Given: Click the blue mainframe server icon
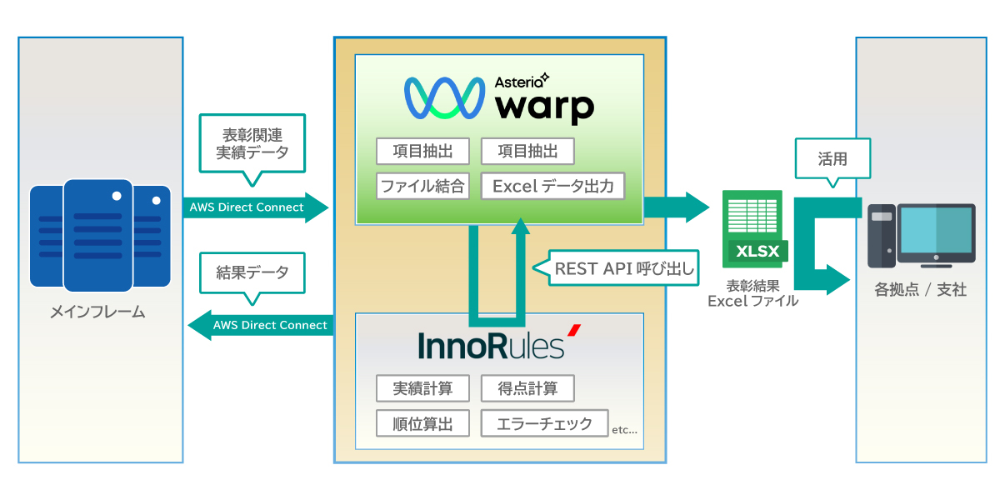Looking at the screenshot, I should click(x=100, y=235).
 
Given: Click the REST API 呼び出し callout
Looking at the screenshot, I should click(x=625, y=268).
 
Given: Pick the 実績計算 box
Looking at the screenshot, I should click(x=422, y=388).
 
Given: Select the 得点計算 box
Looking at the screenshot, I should click(x=527, y=388).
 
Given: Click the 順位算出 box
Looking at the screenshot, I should click(x=422, y=423).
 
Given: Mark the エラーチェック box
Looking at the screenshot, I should click(x=544, y=423).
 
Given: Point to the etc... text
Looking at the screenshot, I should click(x=624, y=431).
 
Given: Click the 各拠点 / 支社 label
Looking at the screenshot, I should click(x=920, y=290).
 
